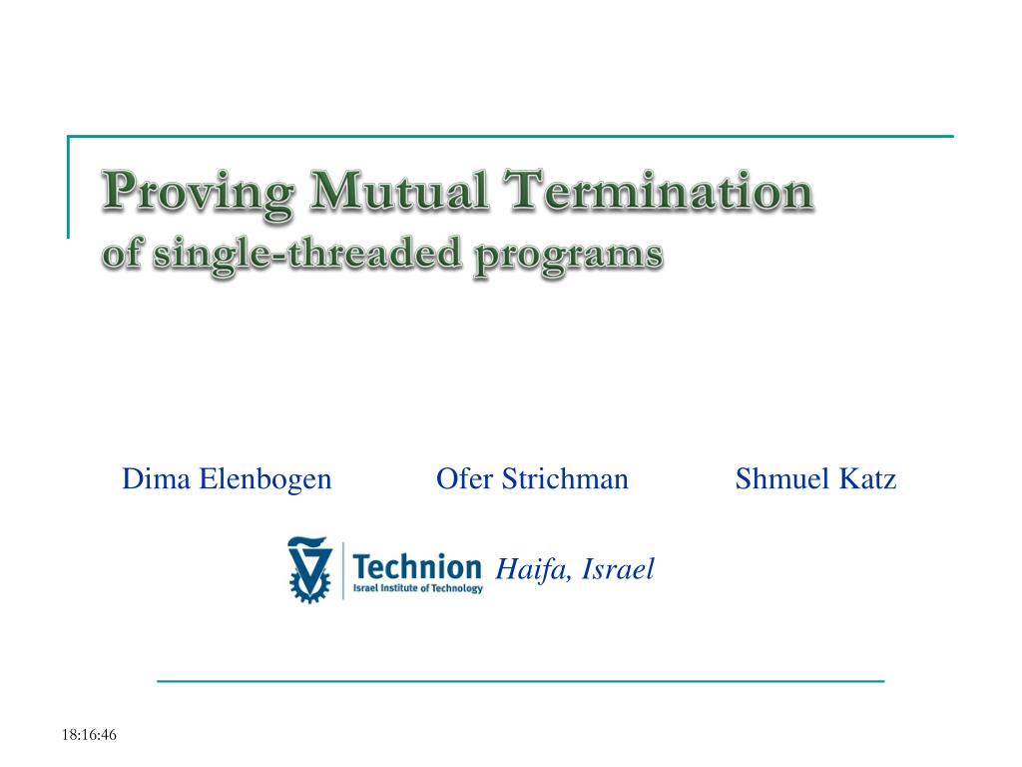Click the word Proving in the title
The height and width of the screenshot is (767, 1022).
click(x=198, y=193)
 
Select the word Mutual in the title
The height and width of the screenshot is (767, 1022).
click(x=399, y=191)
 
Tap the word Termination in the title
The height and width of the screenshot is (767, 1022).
click(x=659, y=190)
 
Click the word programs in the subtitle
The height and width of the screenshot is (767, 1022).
click(x=568, y=257)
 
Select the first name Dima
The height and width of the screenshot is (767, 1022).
click(x=157, y=478)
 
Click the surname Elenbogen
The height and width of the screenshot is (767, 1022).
click(x=265, y=480)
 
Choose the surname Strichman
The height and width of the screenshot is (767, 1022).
click(x=565, y=478)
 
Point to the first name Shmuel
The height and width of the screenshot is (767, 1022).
click(x=782, y=478)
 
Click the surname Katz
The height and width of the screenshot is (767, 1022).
click(x=867, y=478)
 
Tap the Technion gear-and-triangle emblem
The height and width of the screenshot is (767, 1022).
click(x=309, y=569)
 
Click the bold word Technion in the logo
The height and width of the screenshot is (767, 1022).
click(x=417, y=567)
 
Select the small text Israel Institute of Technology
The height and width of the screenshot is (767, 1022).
click(x=418, y=588)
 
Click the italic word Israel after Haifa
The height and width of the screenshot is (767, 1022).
click(x=617, y=568)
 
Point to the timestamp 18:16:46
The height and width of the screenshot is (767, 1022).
click(x=89, y=735)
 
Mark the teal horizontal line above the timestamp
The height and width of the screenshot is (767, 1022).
click(x=521, y=681)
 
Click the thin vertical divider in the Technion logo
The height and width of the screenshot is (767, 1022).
click(x=343, y=570)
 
